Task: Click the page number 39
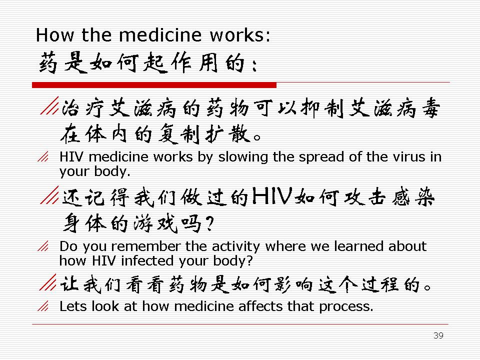[438, 335]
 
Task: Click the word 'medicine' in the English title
[160, 35]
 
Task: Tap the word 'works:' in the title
[240, 35]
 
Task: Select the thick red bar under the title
[154, 85]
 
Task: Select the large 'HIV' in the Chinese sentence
[271, 195]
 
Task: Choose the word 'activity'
[235, 247]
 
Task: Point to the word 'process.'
[346, 307]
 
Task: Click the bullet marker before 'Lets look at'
[43, 306]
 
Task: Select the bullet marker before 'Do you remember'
[43, 246]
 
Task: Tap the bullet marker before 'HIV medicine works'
[43, 156]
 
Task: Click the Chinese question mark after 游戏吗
[209, 223]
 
